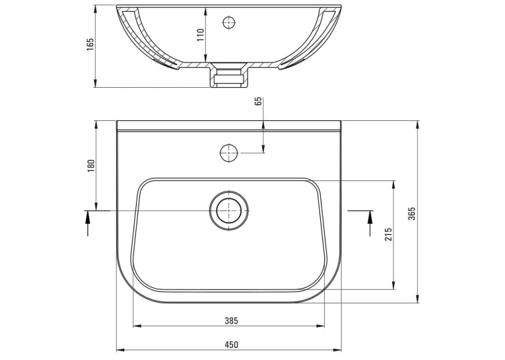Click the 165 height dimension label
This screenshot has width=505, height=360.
click(x=90, y=44)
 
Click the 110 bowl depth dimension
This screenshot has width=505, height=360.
click(x=200, y=35)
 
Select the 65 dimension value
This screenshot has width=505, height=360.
click(x=258, y=101)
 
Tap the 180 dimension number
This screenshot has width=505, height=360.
click(x=92, y=165)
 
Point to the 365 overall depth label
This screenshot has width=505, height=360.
click(x=412, y=213)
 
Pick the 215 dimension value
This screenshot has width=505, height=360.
click(x=388, y=234)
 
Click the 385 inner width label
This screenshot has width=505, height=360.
click(x=231, y=320)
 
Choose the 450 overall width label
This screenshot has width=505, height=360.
click(x=231, y=345)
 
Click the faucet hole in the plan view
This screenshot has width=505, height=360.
click(x=228, y=153)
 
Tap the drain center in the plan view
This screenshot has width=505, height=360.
click(x=228, y=211)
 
